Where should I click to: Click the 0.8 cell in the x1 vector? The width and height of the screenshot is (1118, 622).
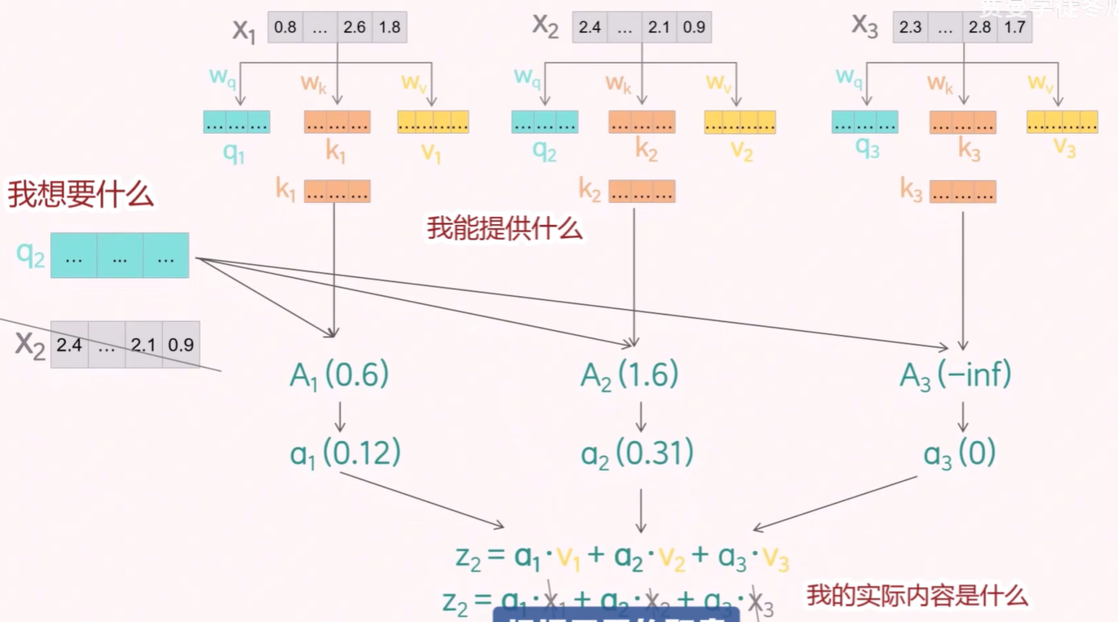(285, 27)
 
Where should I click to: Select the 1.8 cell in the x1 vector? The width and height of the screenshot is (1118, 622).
(390, 27)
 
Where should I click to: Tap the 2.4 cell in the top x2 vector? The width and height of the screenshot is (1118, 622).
(590, 27)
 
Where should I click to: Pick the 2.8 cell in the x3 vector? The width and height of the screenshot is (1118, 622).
(979, 27)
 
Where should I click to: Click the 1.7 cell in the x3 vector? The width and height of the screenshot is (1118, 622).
(1014, 27)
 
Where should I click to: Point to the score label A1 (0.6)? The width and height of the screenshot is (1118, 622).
(339, 375)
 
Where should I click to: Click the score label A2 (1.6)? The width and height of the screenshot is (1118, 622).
(630, 375)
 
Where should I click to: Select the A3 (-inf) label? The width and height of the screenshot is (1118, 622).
(956, 375)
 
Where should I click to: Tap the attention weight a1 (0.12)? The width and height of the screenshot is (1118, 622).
(346, 453)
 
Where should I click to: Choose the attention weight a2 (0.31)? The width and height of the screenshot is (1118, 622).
(637, 453)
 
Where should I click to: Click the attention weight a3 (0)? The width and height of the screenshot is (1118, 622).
(960, 453)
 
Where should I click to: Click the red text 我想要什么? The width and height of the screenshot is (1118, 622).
(81, 195)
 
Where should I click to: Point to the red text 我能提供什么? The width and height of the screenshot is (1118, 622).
(505, 228)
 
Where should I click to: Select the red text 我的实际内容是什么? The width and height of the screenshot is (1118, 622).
(917, 595)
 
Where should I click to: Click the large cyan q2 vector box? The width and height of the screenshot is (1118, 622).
(120, 255)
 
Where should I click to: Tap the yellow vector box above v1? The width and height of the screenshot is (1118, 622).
(433, 122)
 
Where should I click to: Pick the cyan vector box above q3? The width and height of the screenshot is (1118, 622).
(864, 122)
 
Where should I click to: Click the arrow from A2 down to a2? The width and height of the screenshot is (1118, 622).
(641, 416)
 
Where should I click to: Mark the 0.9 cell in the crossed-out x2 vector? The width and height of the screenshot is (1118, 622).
(181, 345)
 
